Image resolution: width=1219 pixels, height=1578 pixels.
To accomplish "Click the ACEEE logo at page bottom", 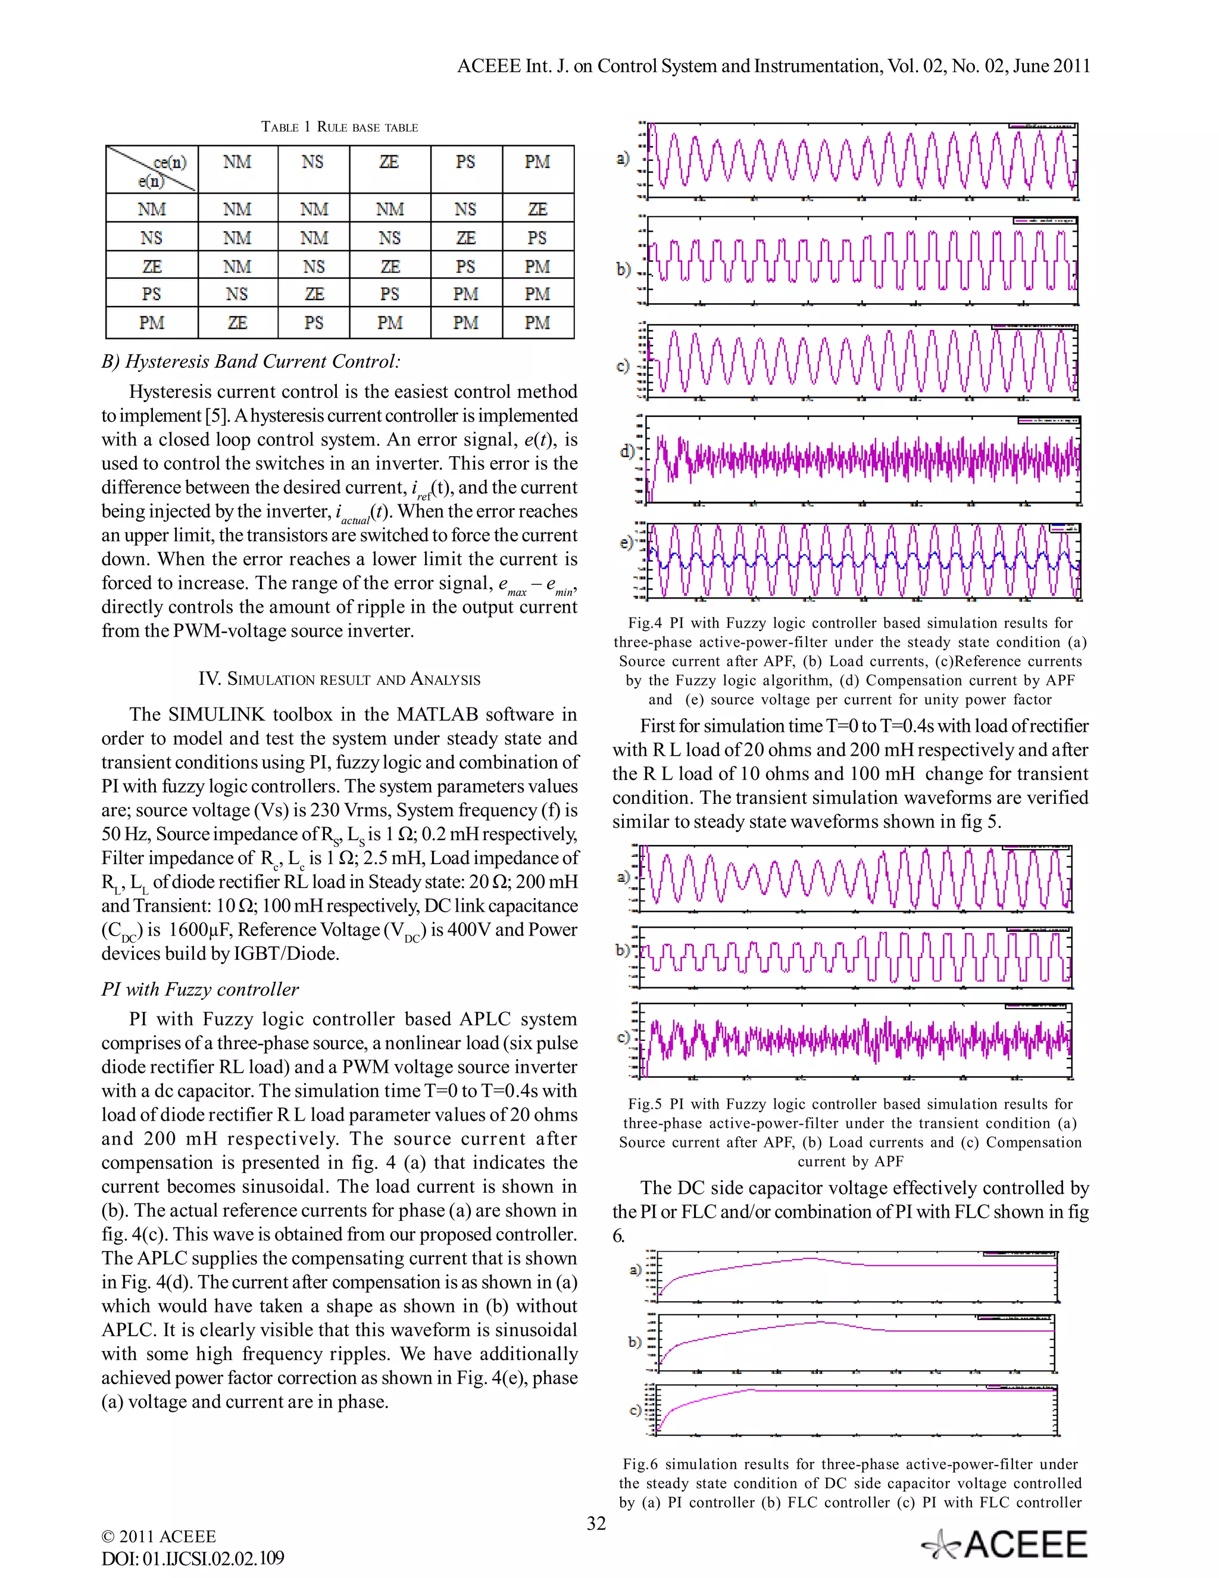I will coord(1005,1545).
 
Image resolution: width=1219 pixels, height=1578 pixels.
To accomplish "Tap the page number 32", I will coord(596,1523).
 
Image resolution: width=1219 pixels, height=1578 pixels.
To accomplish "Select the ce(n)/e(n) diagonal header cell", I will coord(152,169).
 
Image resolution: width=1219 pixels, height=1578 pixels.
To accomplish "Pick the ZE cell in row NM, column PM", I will coord(537,209).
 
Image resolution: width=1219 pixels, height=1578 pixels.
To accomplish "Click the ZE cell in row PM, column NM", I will coord(237,322).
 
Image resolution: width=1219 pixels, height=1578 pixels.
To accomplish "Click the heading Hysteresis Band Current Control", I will coord(251,361).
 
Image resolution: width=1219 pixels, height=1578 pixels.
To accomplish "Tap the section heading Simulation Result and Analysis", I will coord(339,679).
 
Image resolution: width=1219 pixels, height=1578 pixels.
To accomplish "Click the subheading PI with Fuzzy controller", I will coord(200,989).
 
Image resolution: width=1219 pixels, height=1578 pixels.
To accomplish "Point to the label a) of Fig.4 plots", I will coord(623,158).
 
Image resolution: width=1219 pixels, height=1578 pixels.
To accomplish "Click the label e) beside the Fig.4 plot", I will coord(626,542).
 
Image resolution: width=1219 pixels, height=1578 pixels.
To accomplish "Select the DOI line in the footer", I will coord(193,1558).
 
